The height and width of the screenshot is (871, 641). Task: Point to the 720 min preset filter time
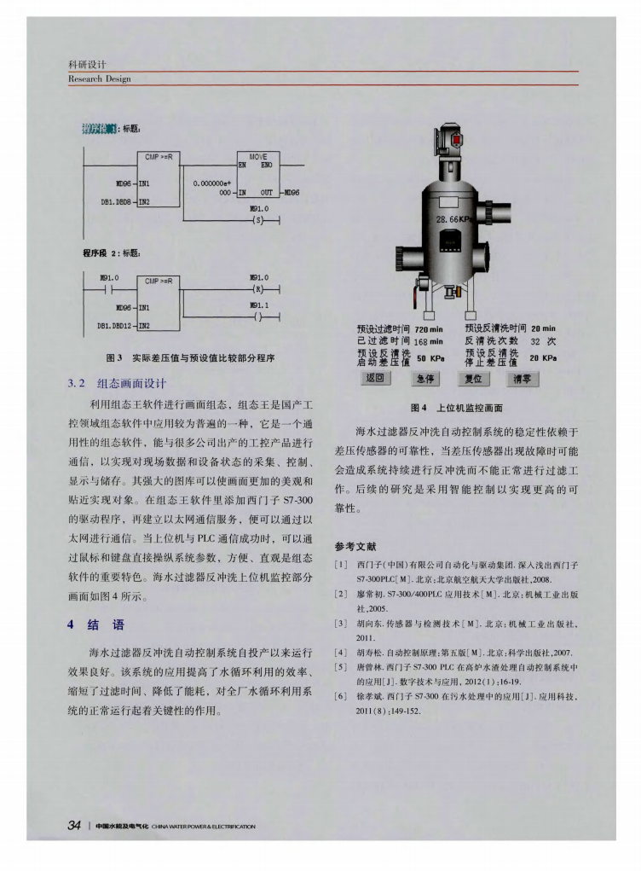pyautogui.click(x=429, y=328)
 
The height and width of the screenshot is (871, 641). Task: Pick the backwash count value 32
pyautogui.click(x=536, y=340)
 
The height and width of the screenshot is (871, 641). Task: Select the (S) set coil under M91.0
pyautogui.click(x=259, y=220)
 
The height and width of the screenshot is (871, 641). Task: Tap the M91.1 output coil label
pyautogui.click(x=259, y=304)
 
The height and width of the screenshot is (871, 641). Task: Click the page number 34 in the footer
pyautogui.click(x=74, y=825)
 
